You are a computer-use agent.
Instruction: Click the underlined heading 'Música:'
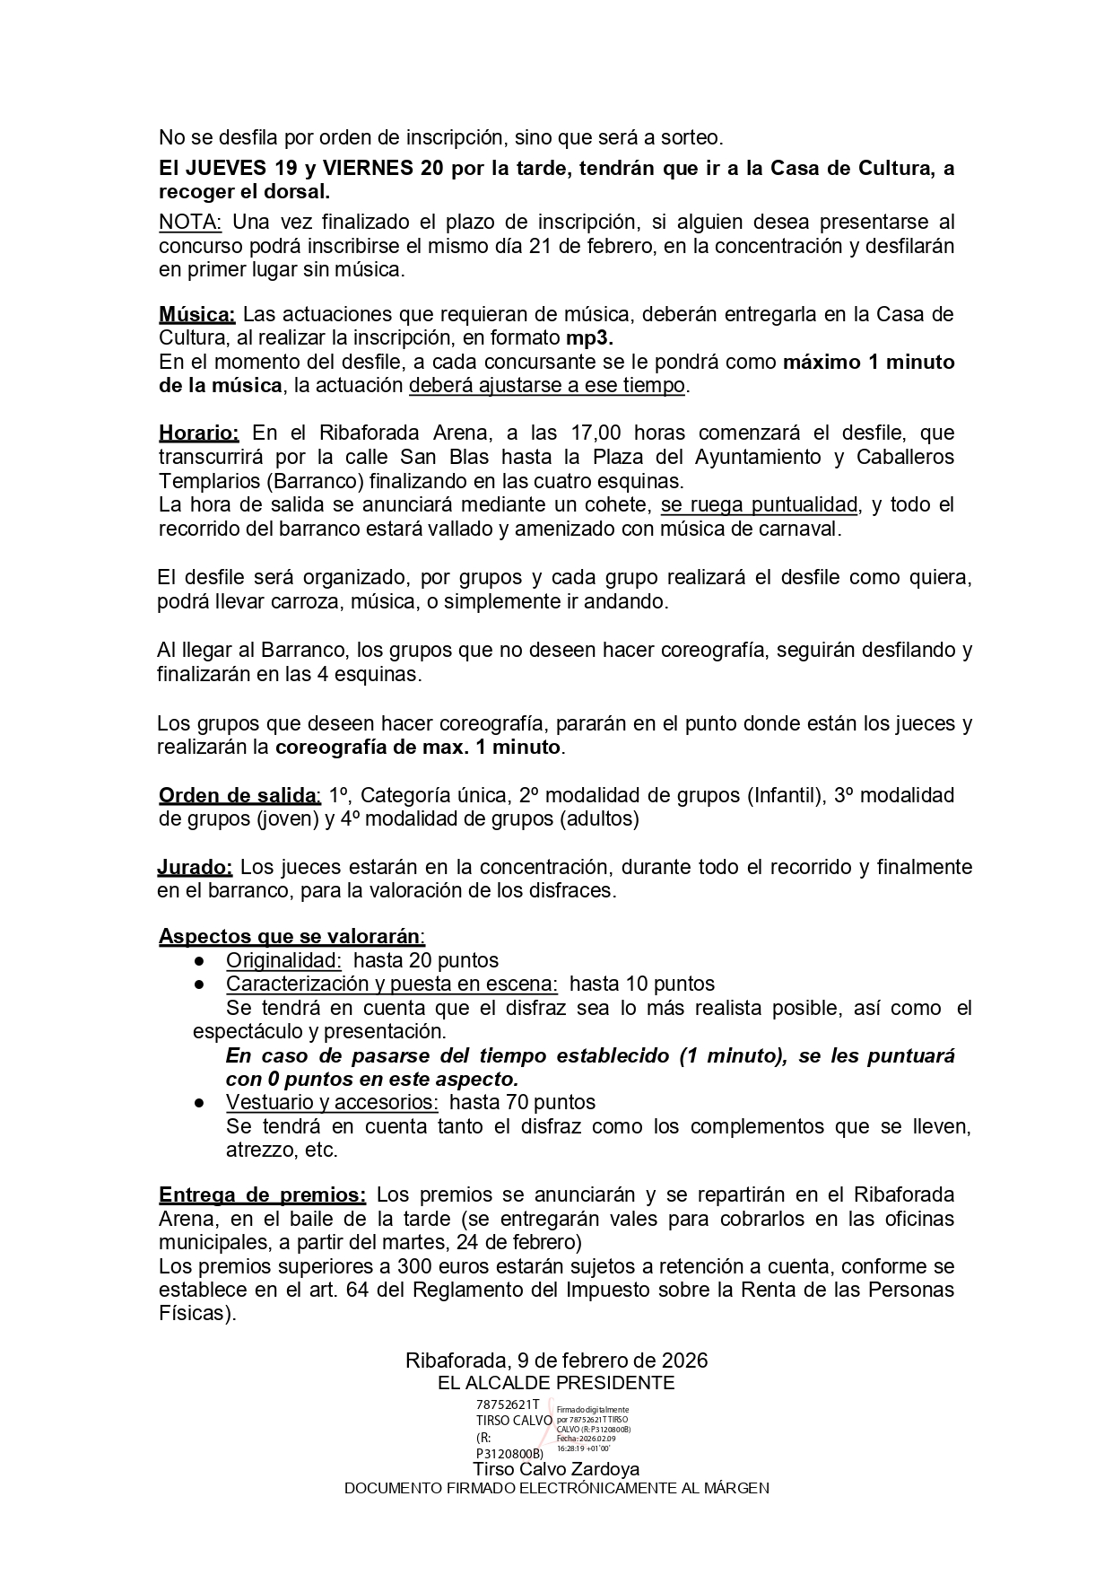pos(196,314)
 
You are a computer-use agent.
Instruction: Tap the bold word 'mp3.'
pos(589,338)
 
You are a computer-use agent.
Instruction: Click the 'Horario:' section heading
pos(198,433)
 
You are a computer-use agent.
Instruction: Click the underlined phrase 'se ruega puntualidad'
pos(759,504)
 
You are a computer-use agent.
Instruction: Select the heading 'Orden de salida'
pos(238,795)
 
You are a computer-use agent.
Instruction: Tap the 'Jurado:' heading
pos(195,867)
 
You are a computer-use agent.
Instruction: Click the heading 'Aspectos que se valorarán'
pos(290,936)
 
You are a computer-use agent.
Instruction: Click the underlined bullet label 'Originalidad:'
pos(283,960)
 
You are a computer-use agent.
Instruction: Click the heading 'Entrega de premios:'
pos(262,1195)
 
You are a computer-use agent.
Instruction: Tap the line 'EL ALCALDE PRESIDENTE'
pos(556,1383)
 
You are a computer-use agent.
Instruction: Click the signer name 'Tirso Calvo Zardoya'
pos(556,1469)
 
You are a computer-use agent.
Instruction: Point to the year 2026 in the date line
pos(684,1360)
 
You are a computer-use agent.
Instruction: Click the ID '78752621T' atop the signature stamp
pos(508,1404)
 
